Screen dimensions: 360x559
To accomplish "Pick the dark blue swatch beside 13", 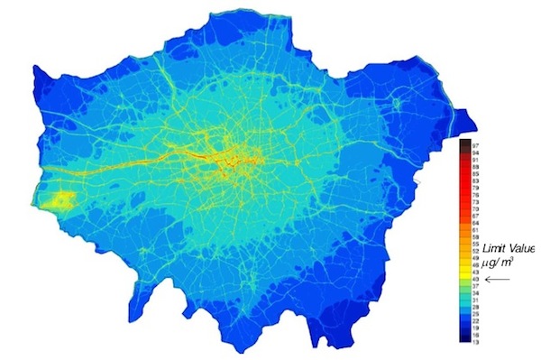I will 464,340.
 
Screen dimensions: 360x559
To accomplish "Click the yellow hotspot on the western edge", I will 62,201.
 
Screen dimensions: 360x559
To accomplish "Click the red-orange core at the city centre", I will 242,162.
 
